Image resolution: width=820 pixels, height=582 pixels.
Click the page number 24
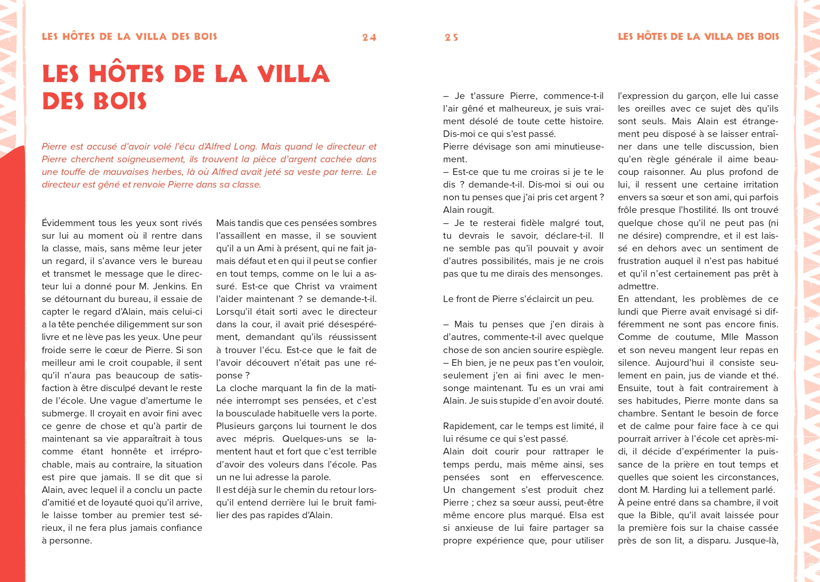[x=369, y=38]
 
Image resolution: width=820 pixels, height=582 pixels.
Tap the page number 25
[x=451, y=38]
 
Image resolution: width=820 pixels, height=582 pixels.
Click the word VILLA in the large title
[x=293, y=74]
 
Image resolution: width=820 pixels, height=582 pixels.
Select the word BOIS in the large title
[x=120, y=101]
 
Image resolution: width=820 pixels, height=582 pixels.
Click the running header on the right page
[x=698, y=37]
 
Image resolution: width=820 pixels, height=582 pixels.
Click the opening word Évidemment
[x=68, y=223]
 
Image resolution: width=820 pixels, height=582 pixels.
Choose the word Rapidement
[x=469, y=426]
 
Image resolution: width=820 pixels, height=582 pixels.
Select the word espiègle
[x=586, y=350]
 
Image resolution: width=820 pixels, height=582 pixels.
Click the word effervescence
[x=572, y=477]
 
